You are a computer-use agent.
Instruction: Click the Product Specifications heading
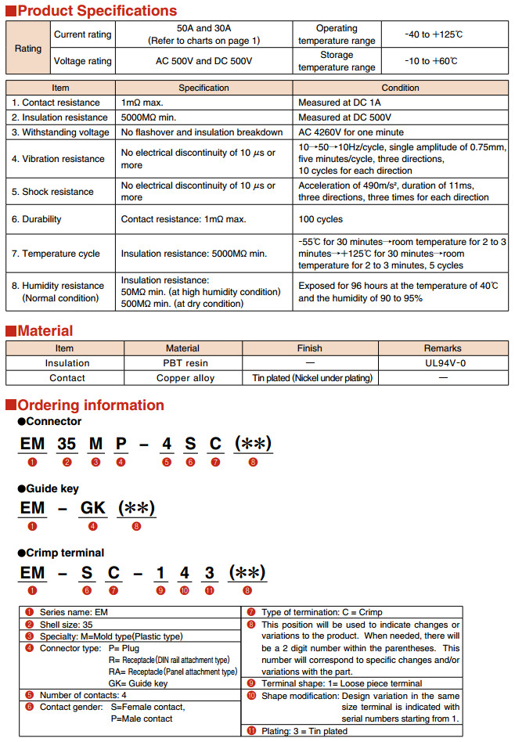pos(97,10)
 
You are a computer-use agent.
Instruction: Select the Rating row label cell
pos(28,48)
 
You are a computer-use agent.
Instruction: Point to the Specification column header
pos(203,88)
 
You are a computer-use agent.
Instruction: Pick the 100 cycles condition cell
pos(320,219)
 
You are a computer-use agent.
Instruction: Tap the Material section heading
pos(45,330)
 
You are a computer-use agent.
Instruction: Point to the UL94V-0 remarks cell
pos(442,363)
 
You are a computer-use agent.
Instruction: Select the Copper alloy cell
pos(185,378)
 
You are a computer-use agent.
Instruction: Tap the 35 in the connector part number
pos(67,444)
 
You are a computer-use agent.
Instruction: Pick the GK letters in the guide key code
pos(92,507)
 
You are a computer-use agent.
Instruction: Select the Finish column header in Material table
pos(309,348)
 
